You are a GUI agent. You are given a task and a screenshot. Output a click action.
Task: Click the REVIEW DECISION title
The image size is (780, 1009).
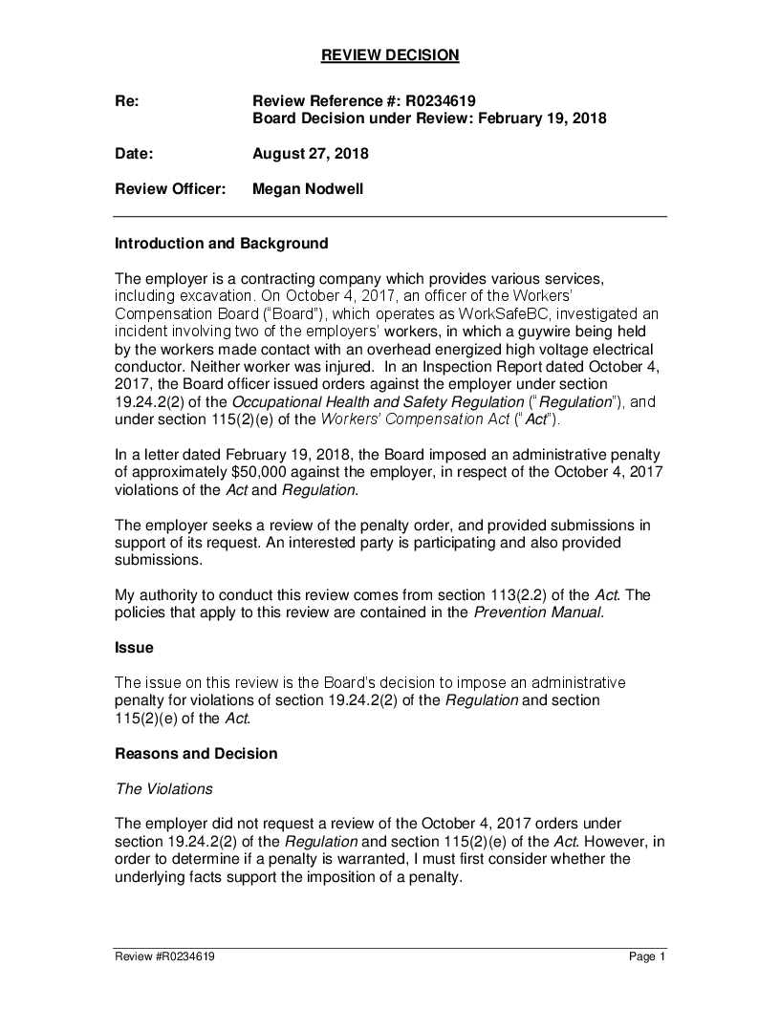[389, 55]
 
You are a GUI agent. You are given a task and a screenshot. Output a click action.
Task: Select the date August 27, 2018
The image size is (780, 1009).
[310, 154]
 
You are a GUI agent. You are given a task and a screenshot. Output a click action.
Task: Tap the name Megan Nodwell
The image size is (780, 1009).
[307, 189]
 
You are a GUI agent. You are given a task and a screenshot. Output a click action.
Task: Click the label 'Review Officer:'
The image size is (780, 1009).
[170, 189]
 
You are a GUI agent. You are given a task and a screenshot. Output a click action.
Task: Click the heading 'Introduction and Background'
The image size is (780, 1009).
[221, 244]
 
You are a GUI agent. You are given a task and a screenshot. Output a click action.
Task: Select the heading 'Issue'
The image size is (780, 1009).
[134, 648]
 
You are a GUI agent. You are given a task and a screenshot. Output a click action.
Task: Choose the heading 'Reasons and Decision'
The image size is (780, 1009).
[196, 754]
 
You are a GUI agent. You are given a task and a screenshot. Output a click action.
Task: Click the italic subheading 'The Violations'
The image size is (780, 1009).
[163, 789]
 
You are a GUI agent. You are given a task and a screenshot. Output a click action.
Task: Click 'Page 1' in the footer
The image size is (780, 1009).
[646, 956]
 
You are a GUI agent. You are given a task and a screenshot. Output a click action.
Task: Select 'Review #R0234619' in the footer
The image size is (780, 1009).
[164, 956]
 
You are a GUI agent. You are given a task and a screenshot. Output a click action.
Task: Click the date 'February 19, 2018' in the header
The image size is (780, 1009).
[542, 118]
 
